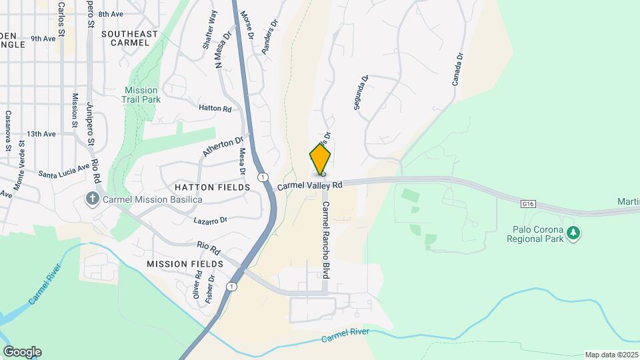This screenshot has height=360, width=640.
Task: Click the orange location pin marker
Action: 320,159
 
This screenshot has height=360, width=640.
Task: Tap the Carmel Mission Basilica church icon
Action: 92,198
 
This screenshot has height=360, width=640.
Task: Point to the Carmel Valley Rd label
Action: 309,185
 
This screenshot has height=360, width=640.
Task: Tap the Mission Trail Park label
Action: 141,95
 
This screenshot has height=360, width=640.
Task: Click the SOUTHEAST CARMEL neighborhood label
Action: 130,38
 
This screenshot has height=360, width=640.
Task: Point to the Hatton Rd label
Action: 215,108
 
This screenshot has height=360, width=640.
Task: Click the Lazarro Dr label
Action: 210,219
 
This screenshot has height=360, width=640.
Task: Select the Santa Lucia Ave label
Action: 63,169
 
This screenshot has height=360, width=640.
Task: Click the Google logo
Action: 22,352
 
